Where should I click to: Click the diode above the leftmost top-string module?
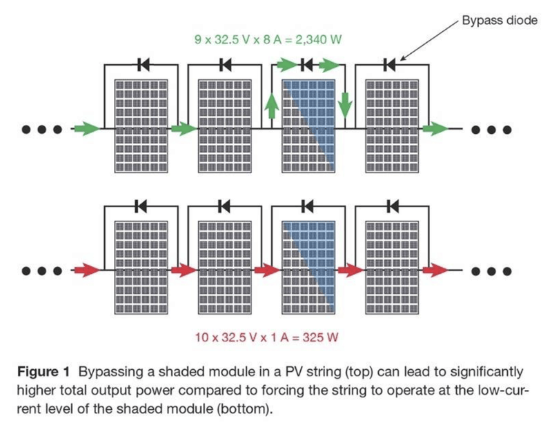coord(144,66)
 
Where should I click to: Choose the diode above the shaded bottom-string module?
coord(308,205)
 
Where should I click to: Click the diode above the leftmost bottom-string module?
coord(144,205)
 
